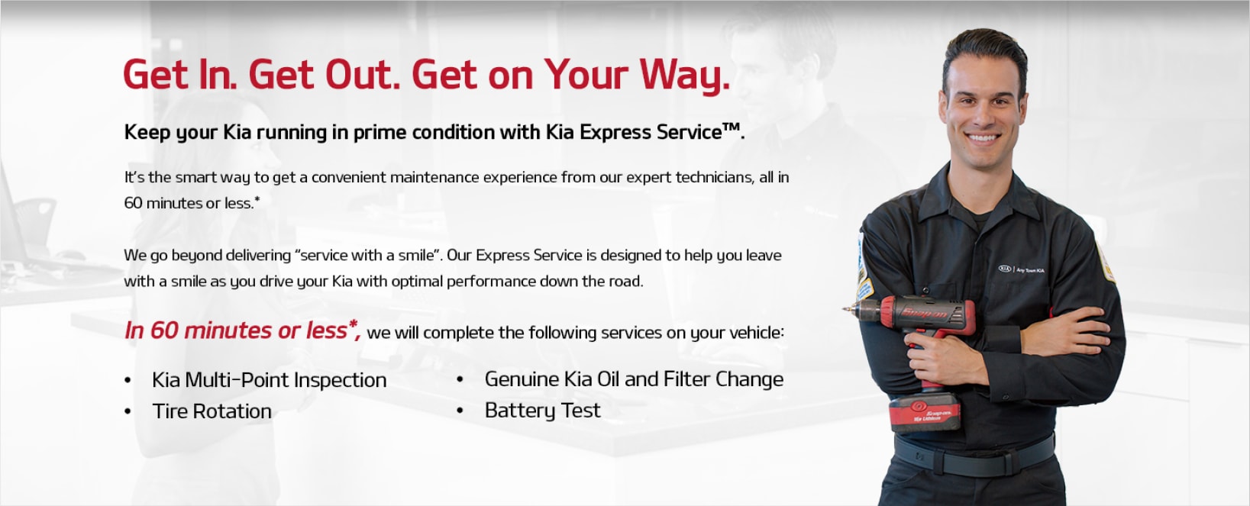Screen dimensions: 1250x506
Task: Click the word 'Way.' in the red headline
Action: pyautogui.click(x=684, y=75)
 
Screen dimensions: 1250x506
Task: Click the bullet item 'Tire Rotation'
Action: pyautogui.click(x=212, y=411)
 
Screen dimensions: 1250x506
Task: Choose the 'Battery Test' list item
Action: pyautogui.click(x=542, y=411)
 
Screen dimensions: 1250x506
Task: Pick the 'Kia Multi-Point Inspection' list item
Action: pyautogui.click(x=269, y=380)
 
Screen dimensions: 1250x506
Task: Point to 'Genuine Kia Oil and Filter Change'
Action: pyautogui.click(x=634, y=379)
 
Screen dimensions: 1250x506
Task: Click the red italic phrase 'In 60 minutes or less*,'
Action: pyautogui.click(x=242, y=330)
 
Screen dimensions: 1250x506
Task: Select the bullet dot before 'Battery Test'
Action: pyautogui.click(x=460, y=411)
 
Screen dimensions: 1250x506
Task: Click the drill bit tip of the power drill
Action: pyautogui.click(x=845, y=308)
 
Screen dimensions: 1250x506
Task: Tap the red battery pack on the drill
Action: pyautogui.click(x=925, y=411)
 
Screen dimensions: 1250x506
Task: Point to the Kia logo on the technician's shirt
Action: pyautogui.click(x=1004, y=269)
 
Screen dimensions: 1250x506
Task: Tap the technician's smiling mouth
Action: pyautogui.click(x=982, y=137)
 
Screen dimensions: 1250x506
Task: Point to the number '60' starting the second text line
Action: pyautogui.click(x=133, y=203)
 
